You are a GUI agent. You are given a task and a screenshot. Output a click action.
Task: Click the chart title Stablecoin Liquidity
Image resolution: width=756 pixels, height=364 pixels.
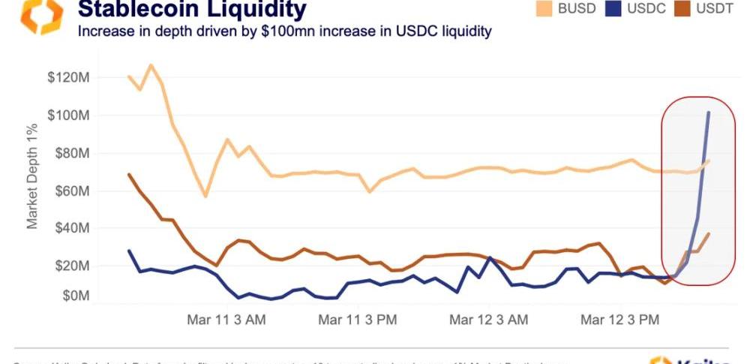pyautogui.click(x=192, y=10)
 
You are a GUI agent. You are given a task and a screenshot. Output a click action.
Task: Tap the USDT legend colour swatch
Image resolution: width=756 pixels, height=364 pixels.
pyautogui.click(x=682, y=8)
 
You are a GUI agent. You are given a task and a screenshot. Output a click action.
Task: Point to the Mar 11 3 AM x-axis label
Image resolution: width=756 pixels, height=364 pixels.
pyautogui.click(x=225, y=320)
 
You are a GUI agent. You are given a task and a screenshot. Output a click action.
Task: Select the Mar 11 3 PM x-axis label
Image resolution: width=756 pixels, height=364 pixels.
pyautogui.click(x=357, y=320)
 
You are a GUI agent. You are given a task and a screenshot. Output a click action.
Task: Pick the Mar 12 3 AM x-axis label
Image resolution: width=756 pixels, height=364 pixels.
pyautogui.click(x=488, y=320)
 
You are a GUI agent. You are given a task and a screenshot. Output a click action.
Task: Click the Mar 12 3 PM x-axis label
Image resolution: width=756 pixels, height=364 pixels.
pyautogui.click(x=620, y=320)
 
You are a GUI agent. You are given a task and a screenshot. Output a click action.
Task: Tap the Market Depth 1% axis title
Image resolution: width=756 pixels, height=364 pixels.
pyautogui.click(x=33, y=176)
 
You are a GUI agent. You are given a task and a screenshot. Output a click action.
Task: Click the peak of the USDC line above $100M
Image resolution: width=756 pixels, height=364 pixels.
pyautogui.click(x=709, y=113)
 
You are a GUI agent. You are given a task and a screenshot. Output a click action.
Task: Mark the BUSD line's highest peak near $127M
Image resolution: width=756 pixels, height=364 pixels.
pyautogui.click(x=151, y=65)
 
